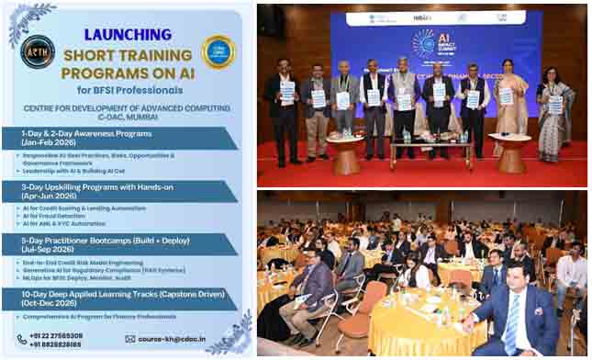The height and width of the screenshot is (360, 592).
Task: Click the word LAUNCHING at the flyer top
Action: pyautogui.click(x=128, y=34)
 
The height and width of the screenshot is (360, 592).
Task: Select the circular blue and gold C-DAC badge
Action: pyautogui.click(x=218, y=51)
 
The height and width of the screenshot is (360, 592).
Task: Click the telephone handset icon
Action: pyautogui.click(x=22, y=339)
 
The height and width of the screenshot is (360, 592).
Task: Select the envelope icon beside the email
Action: pyautogui.click(x=130, y=338)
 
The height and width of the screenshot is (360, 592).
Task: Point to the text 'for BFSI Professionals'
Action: pyautogui.click(x=128, y=89)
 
